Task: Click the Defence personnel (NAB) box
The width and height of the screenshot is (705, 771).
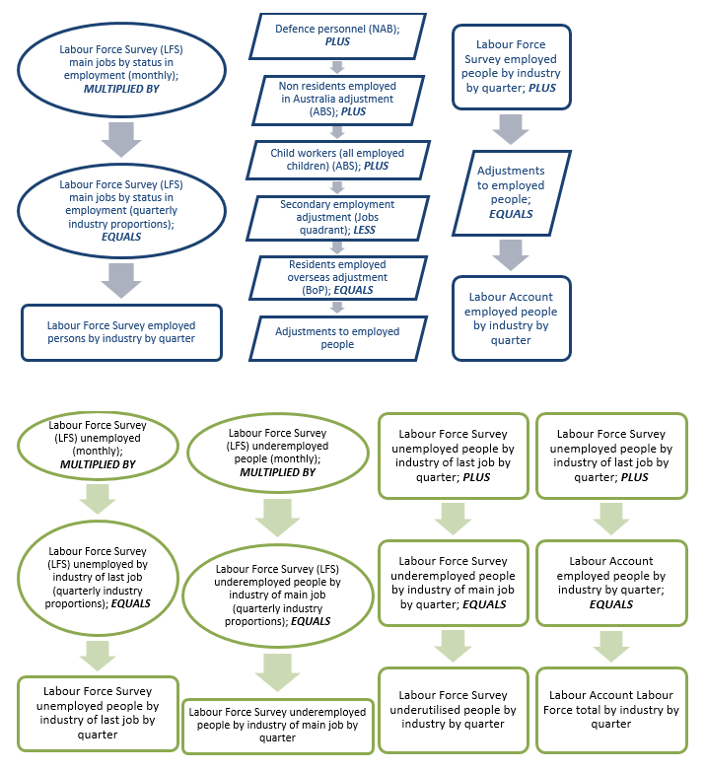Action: tap(337, 36)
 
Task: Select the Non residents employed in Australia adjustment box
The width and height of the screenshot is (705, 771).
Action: tap(337, 99)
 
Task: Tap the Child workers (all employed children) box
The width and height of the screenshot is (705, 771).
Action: tap(337, 159)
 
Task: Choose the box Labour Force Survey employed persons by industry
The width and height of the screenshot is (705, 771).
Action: tap(121, 332)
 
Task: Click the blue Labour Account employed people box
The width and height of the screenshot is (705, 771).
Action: tap(510, 317)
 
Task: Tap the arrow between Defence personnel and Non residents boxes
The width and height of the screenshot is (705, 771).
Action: tap(337, 67)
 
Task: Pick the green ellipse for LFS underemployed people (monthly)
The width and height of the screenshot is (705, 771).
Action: tap(277, 453)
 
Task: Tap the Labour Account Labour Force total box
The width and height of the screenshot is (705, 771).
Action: tap(611, 710)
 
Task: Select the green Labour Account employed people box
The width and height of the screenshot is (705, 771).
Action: tap(611, 583)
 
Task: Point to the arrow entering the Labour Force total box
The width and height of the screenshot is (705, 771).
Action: tap(611, 646)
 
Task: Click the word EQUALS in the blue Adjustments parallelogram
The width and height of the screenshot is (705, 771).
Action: tap(511, 214)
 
